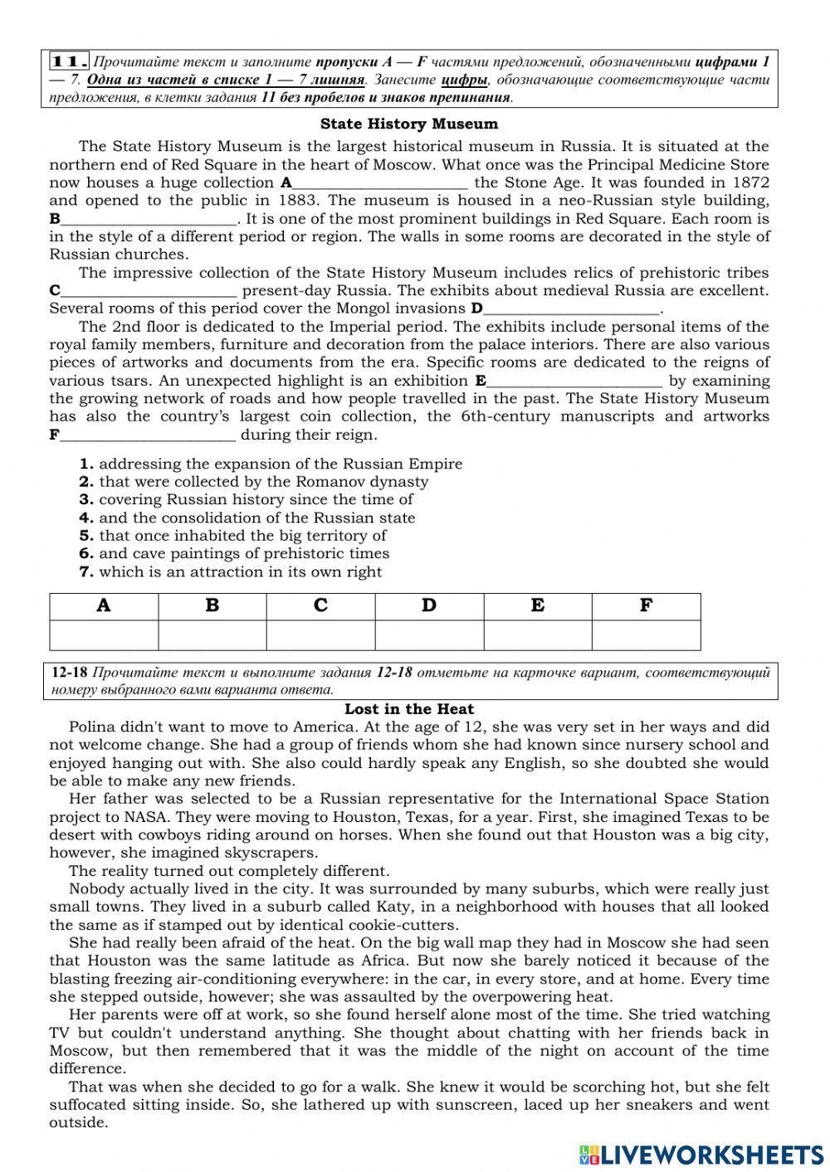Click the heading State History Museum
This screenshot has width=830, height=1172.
click(409, 124)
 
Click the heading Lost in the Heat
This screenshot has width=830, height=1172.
click(409, 709)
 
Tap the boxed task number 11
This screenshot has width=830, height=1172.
click(70, 61)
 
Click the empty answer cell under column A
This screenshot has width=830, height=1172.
click(104, 635)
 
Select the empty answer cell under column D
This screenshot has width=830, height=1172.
click(429, 635)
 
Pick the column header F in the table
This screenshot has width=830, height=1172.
click(646, 606)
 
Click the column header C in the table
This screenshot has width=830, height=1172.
click(320, 606)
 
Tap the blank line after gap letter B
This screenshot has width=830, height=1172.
click(149, 220)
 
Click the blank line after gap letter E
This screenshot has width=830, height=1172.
click(574, 382)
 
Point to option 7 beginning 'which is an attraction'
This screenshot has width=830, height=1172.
click(231, 571)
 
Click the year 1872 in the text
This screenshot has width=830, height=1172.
click(750, 182)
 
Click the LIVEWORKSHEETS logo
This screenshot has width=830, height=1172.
click(701, 1154)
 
